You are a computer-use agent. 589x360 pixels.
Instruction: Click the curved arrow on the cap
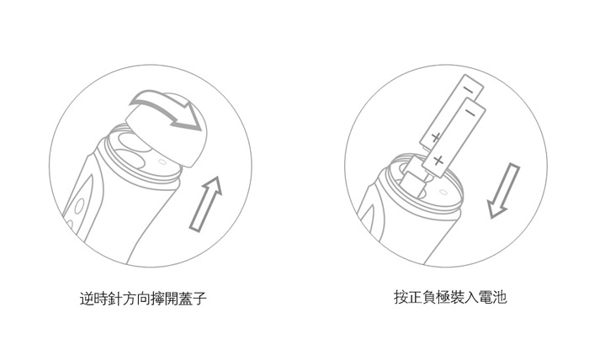(x=165, y=109)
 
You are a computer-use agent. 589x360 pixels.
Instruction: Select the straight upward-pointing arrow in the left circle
(x=206, y=203)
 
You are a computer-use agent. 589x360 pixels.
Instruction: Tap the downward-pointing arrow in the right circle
(x=504, y=191)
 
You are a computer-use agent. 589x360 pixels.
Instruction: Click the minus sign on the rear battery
(x=469, y=90)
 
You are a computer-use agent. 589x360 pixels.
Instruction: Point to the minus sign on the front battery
(x=470, y=112)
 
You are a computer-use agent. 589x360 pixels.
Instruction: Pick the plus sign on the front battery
(x=438, y=161)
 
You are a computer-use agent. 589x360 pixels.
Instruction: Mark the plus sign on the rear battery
(x=435, y=138)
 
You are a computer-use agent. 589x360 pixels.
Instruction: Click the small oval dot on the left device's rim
(x=162, y=161)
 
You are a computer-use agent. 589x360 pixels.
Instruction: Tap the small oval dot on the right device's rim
(x=443, y=193)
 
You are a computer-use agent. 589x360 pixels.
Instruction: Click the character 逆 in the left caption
(x=87, y=299)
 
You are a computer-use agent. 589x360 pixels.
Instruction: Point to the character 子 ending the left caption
(x=200, y=299)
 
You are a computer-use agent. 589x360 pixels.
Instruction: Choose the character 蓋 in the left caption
(x=186, y=299)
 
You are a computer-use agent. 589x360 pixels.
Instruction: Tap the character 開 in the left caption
(x=172, y=299)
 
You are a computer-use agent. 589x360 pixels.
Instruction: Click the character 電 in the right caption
(x=486, y=297)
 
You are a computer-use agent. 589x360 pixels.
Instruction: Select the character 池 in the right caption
(x=500, y=297)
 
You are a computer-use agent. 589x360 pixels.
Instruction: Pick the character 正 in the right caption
(x=415, y=297)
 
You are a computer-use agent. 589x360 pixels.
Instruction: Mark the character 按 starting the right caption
(x=401, y=297)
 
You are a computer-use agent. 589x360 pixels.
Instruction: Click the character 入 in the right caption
(x=472, y=297)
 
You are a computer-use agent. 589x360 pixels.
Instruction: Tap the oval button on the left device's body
(x=79, y=206)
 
